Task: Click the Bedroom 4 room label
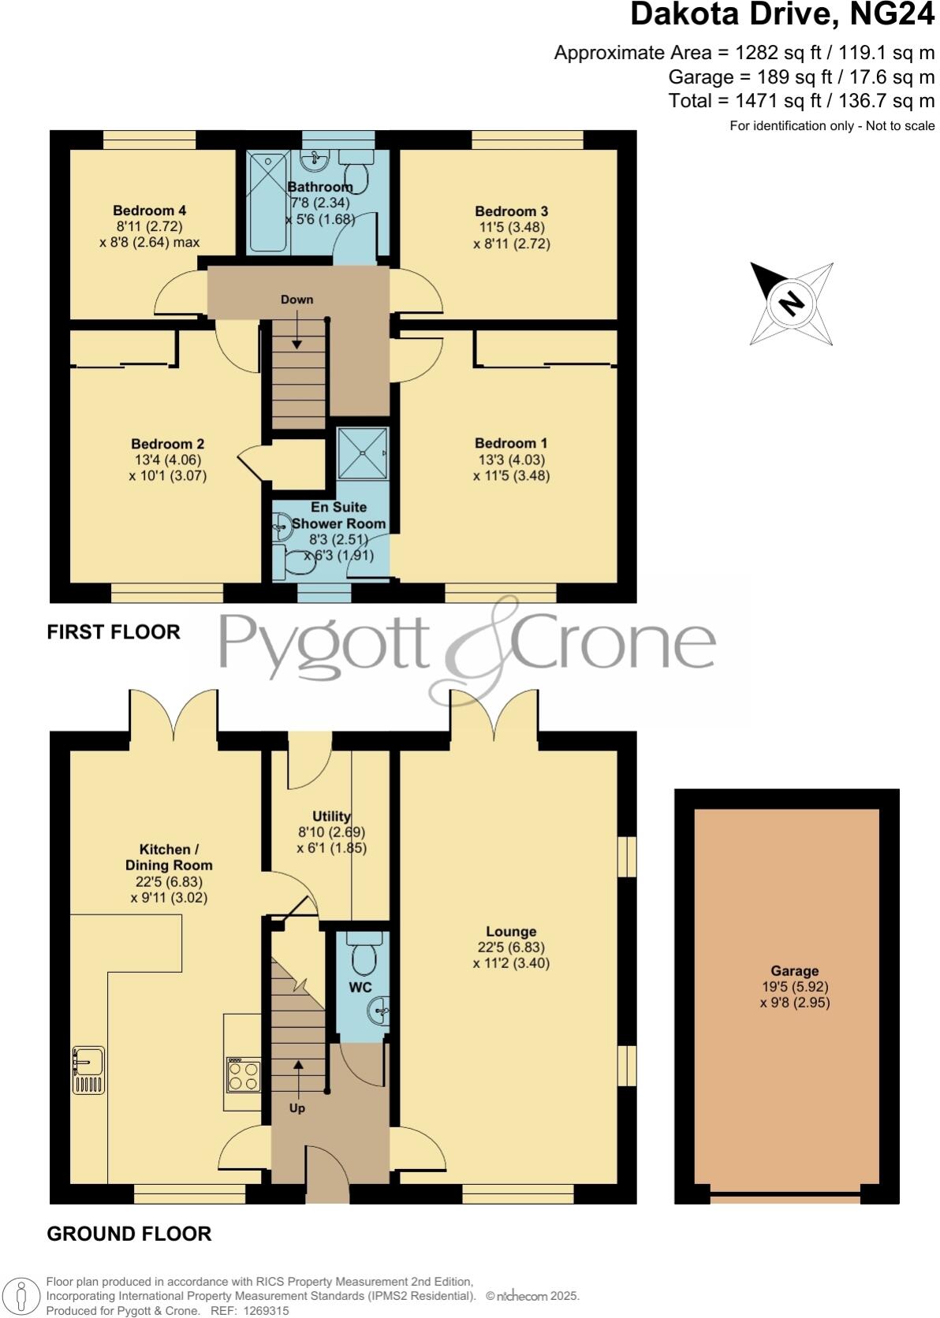(x=149, y=210)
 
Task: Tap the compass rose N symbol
(x=791, y=303)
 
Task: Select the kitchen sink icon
(x=88, y=1070)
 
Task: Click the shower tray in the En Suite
(x=363, y=453)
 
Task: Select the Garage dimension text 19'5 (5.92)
(x=794, y=987)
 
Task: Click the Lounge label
(x=511, y=932)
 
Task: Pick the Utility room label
(x=331, y=817)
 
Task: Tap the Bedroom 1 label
(x=511, y=443)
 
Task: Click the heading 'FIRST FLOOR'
(x=114, y=631)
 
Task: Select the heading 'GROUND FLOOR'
(x=129, y=1234)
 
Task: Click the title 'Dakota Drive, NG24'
(x=782, y=16)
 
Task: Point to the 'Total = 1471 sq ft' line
(x=801, y=101)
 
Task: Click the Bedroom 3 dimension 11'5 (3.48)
(x=511, y=227)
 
